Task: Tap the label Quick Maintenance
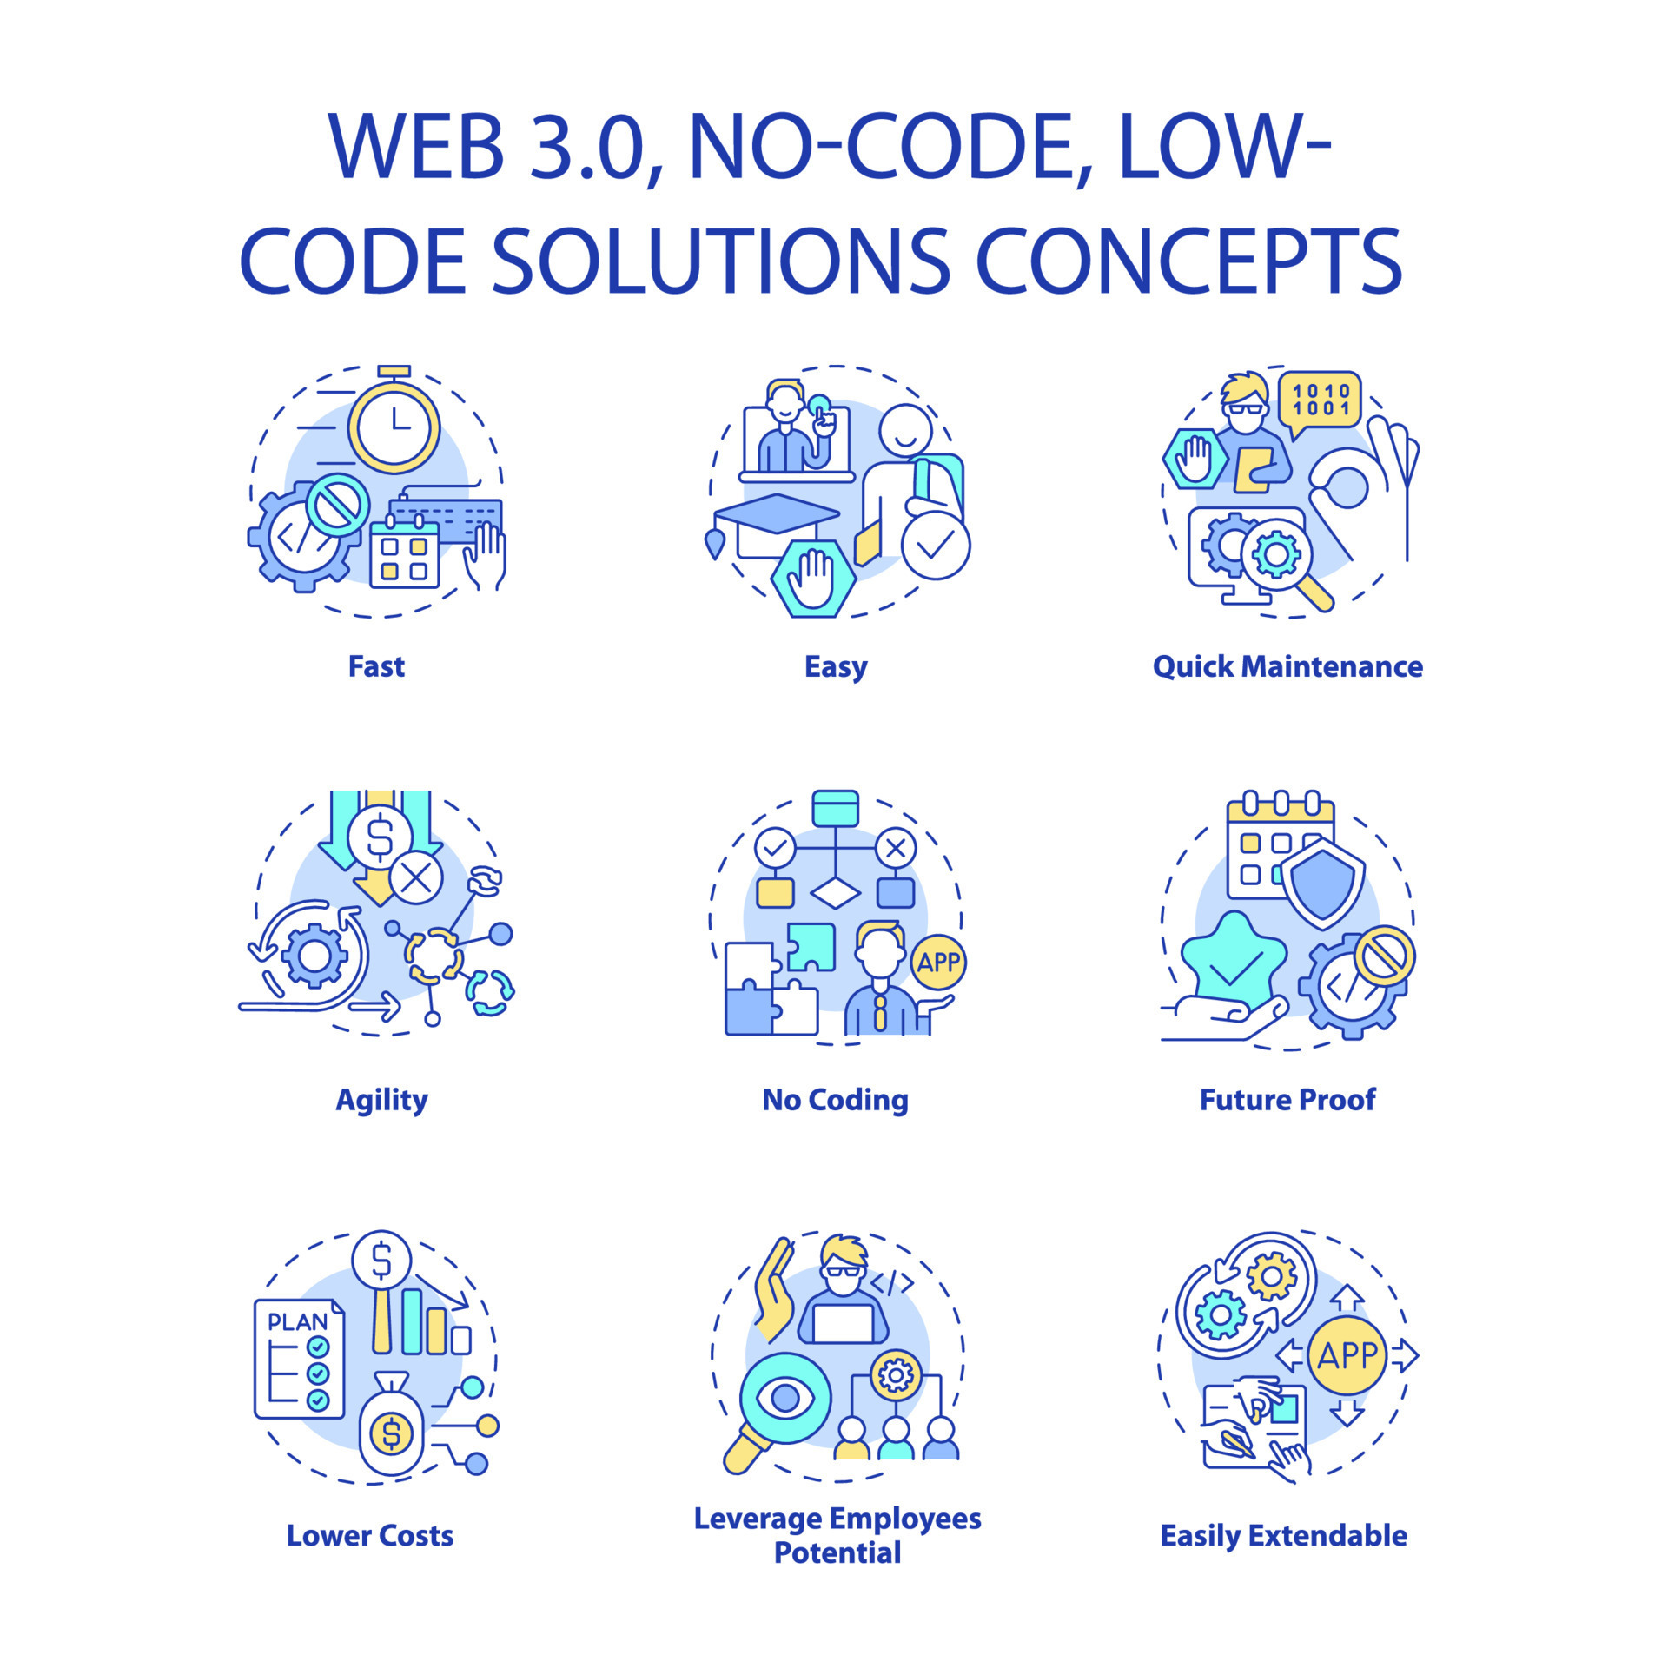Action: coord(1287,666)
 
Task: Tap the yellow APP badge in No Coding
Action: coord(938,962)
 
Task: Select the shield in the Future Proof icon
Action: coord(1322,883)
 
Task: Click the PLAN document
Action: coord(298,1358)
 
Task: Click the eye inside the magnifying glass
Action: coord(785,1398)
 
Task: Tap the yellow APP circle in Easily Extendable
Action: coord(1347,1355)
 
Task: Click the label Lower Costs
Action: coord(370,1535)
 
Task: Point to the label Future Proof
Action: coord(1287,1100)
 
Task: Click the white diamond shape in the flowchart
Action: coord(835,892)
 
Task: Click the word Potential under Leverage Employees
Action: coord(837,1552)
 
